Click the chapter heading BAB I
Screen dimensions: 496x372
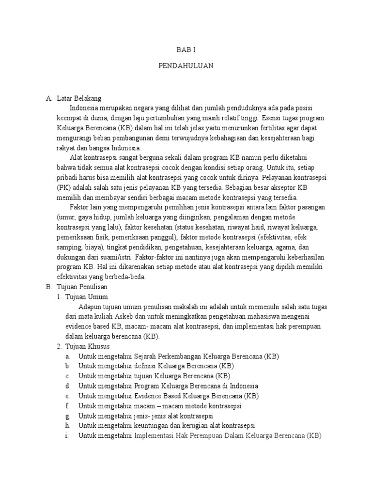pos(186,50)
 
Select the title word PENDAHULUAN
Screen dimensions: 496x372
pos(186,65)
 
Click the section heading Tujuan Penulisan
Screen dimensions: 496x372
pos(81,287)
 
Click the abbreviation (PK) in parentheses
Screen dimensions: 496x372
pos(63,187)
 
